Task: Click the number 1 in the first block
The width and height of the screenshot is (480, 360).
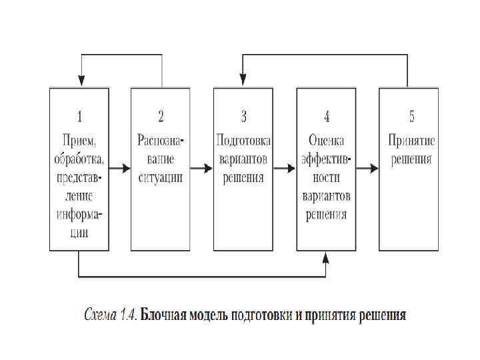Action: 79,117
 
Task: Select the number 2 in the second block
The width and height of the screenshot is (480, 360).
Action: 161,117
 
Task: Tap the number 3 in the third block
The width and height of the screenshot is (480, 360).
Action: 243,117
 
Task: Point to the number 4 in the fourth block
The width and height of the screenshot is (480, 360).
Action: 326,117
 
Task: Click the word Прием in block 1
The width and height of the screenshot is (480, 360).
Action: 79,141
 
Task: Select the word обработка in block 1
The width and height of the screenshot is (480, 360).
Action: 79,159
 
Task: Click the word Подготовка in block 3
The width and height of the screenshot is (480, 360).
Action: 243,141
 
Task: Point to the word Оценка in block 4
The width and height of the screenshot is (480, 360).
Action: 326,141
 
